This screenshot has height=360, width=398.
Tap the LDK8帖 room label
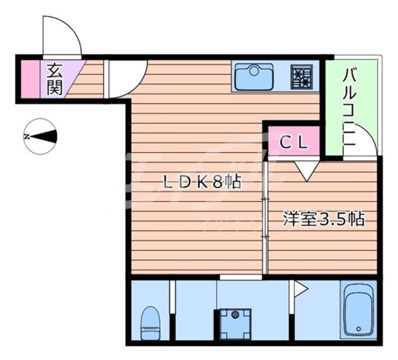pos(202,181)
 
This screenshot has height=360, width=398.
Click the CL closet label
pos(294,141)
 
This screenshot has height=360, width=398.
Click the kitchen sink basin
pos(254,76)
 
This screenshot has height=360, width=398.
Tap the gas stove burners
pos(302,77)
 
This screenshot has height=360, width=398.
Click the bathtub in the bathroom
pos(360,310)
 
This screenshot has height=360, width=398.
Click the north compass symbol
pos(40,137)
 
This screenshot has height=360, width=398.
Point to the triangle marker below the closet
pos(307,170)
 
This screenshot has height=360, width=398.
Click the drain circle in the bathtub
pos(359,329)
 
